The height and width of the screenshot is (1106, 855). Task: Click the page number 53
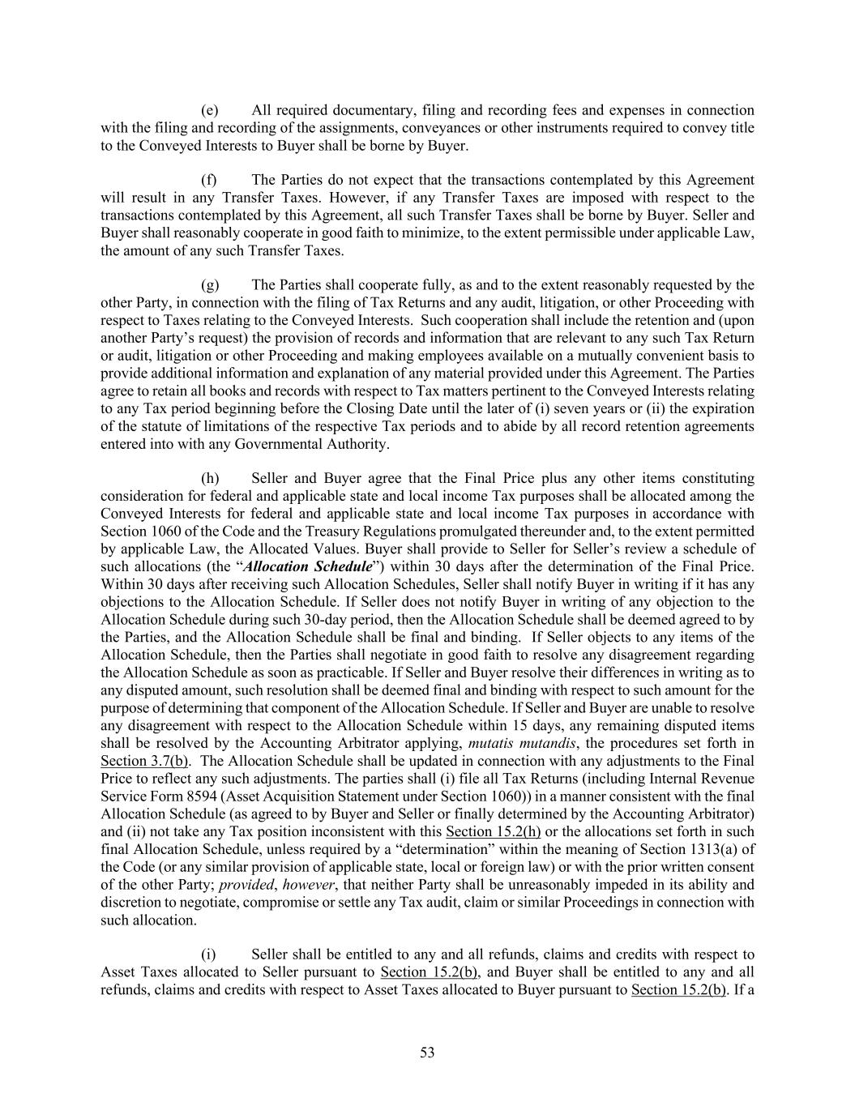click(x=427, y=1053)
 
